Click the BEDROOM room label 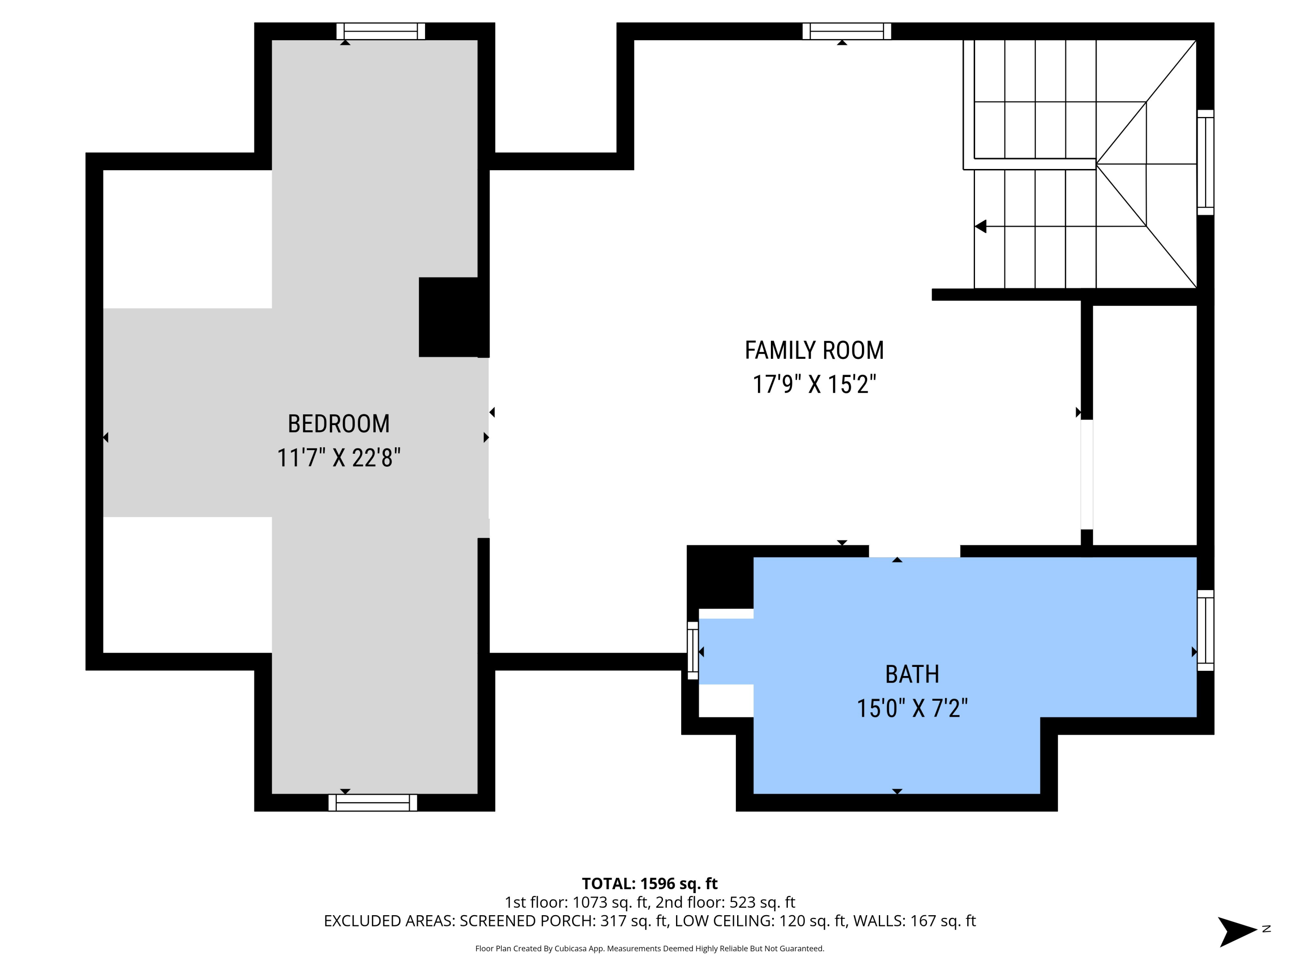(338, 424)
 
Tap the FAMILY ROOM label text (814, 350)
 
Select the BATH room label (912, 674)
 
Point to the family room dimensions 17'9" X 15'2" (814, 384)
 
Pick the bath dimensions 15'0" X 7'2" (912, 708)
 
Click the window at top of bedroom (380, 31)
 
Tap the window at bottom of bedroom (373, 803)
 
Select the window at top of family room (846, 31)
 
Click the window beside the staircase (1206, 162)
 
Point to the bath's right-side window (1206, 630)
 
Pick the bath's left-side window (693, 650)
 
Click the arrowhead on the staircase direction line (980, 226)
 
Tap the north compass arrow (1237, 932)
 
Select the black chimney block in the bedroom (454, 317)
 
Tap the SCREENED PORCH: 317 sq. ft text (563, 921)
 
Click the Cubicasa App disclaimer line (650, 949)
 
